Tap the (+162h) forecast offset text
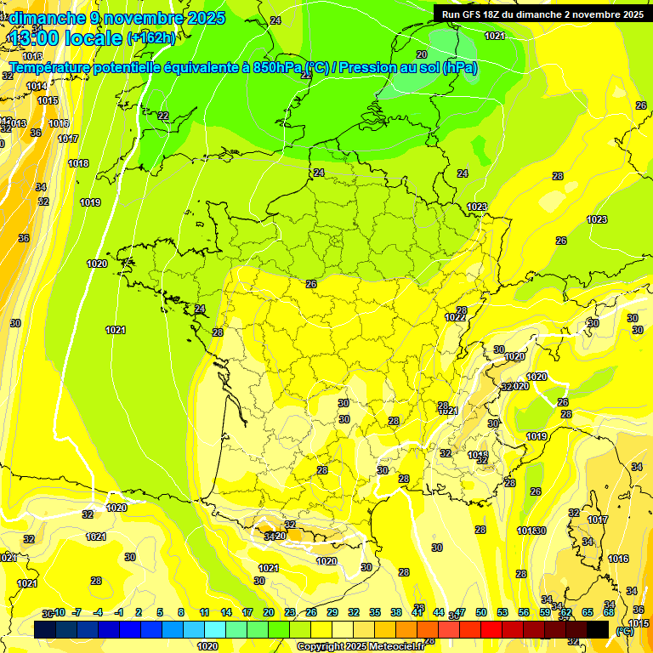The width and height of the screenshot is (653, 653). (x=151, y=38)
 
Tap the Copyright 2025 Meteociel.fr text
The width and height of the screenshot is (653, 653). (x=361, y=646)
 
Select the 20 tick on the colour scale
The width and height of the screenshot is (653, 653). (x=268, y=612)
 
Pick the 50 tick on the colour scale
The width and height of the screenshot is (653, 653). (x=481, y=612)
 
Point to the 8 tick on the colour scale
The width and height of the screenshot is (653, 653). (x=181, y=612)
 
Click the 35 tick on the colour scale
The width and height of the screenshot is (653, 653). (x=375, y=612)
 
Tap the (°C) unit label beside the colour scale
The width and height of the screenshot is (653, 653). (x=624, y=631)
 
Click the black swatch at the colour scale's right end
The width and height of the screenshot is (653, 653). (x=598, y=629)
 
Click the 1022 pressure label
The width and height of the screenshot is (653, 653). (x=455, y=317)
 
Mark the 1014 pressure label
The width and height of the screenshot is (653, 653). (x=37, y=86)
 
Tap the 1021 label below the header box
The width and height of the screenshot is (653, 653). (x=495, y=36)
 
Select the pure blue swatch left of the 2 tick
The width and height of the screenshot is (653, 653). (x=130, y=629)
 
